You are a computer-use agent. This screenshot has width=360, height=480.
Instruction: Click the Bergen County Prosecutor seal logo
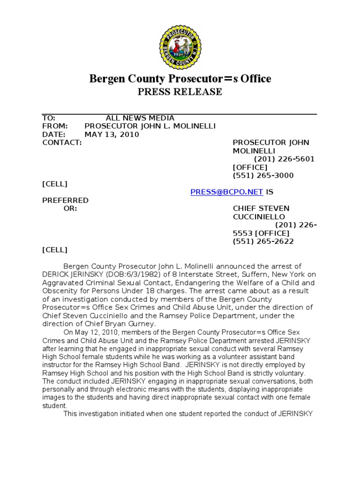(180, 46)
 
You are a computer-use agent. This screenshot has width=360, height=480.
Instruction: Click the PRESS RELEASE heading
(180, 92)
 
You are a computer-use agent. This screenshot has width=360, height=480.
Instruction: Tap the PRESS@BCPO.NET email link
(227, 192)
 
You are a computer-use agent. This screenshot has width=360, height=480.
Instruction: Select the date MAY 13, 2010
(112, 134)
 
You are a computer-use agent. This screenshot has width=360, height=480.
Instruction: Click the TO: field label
(49, 118)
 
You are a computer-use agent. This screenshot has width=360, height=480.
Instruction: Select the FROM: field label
(55, 126)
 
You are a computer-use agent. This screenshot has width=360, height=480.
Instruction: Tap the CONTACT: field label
(62, 142)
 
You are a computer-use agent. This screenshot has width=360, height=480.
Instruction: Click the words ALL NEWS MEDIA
(140, 118)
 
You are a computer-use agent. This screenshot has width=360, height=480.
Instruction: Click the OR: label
(70, 208)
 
